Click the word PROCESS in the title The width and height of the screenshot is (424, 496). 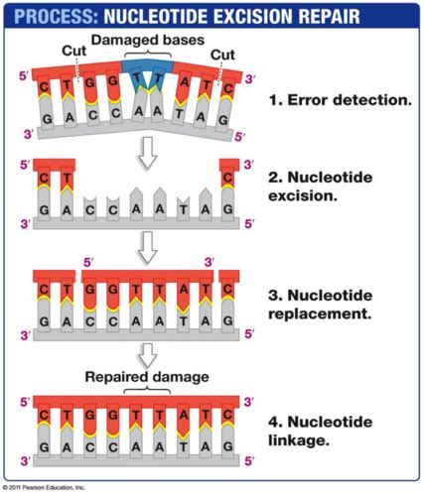56,16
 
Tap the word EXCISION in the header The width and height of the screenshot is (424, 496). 252,16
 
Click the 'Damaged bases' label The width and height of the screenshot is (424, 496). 148,40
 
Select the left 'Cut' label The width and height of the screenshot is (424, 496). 74,51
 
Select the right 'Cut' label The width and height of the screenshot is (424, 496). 222,55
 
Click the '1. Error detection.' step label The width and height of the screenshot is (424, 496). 341,100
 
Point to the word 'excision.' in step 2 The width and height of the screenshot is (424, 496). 303,195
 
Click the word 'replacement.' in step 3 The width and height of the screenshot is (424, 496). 320,314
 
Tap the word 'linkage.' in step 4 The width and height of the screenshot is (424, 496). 299,440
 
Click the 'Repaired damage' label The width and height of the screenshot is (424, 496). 147,377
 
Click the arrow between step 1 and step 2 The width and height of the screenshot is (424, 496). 147,153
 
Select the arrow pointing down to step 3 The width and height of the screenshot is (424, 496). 147,247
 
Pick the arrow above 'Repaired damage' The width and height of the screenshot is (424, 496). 147,356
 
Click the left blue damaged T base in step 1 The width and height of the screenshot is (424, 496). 136,79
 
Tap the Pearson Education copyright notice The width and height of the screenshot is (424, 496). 44,487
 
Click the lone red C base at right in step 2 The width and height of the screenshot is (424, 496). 227,179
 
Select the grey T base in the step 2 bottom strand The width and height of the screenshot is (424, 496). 183,207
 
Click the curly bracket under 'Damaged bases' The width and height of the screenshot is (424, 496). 148,54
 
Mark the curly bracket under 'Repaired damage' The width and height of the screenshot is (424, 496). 147,390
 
